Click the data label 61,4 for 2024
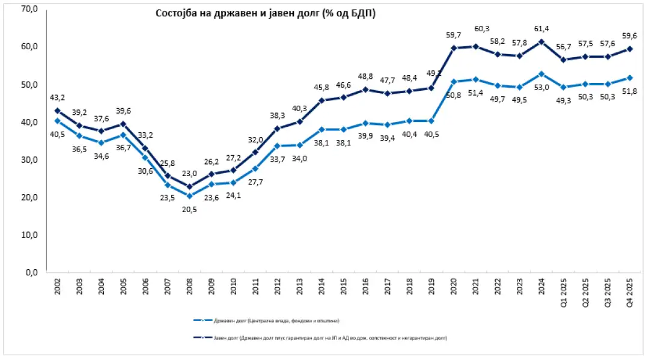click(543, 28)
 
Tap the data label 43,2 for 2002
click(58, 97)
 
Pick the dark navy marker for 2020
click(454, 48)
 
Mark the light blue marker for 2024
click(542, 74)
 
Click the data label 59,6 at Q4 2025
click(629, 35)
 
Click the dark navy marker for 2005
click(124, 124)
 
